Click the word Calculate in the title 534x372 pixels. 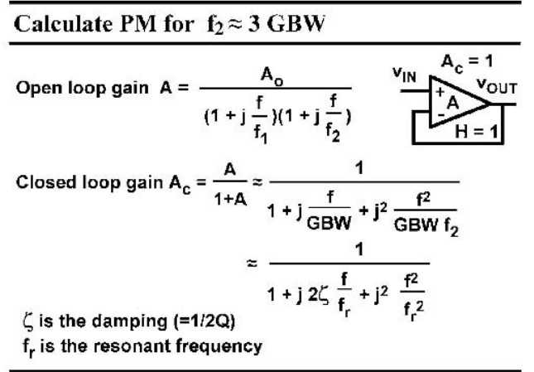64,24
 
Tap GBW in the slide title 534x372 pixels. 296,24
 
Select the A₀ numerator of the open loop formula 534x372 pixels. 272,76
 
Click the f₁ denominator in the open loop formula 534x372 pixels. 261,133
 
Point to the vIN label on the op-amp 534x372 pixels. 404,75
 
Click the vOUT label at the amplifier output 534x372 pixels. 497,85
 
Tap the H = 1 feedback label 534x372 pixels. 476,132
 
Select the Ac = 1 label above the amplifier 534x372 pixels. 467,63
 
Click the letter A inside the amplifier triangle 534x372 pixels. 453,103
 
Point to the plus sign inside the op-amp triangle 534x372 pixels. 440,92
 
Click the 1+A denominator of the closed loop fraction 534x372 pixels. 230,200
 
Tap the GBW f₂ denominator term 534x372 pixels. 426,225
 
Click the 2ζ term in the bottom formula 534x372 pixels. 319,295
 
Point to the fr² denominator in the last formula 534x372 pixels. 413,310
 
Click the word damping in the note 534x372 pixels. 130,321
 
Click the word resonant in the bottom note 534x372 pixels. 132,346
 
